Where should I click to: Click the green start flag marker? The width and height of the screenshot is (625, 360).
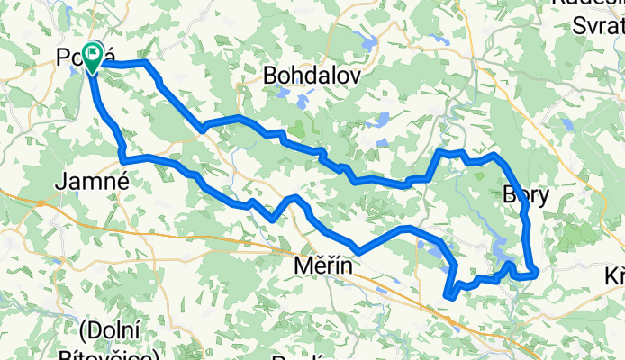[93, 57]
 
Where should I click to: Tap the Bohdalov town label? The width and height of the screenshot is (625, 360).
[311, 77]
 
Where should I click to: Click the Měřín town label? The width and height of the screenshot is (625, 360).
[322, 268]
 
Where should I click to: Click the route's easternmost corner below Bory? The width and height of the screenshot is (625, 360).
[537, 269]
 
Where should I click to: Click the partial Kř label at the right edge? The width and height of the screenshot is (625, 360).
[615, 275]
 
